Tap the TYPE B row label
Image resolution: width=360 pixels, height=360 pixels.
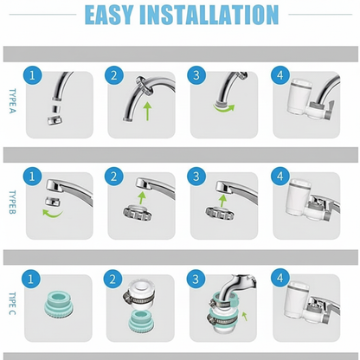(12, 204)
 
